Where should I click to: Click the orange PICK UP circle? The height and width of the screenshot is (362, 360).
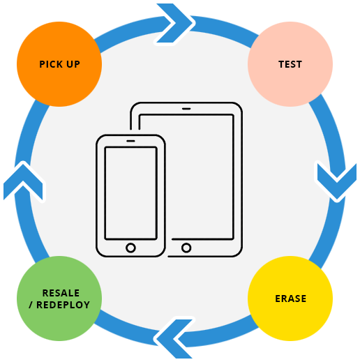(59, 64)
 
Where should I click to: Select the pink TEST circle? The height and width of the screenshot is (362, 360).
(290, 64)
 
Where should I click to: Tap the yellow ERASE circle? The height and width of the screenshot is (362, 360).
(290, 299)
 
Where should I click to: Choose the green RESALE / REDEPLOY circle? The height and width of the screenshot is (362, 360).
(59, 299)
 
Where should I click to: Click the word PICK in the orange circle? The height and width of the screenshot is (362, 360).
(50, 64)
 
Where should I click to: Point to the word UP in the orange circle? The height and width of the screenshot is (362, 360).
(73, 64)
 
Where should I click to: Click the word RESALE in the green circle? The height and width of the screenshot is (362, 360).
(61, 293)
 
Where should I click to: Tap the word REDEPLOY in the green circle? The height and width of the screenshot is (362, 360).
(63, 305)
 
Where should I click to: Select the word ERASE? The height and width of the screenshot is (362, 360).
(291, 299)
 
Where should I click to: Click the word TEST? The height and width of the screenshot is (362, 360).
(290, 64)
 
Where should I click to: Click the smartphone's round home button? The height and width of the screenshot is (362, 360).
(130, 248)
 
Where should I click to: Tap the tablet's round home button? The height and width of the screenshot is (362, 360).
(186, 248)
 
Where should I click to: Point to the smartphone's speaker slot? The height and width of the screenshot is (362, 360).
(130, 141)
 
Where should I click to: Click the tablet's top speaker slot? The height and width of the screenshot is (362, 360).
(186, 109)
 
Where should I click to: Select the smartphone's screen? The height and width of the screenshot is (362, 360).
(131, 193)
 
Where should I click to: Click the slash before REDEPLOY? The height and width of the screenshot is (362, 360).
(31, 305)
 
